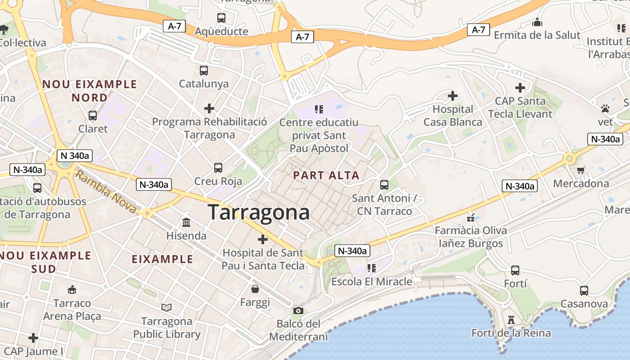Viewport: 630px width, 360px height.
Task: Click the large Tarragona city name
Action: (x=258, y=212)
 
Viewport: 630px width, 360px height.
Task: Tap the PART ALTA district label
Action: (x=326, y=175)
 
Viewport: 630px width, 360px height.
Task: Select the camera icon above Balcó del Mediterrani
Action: (x=298, y=310)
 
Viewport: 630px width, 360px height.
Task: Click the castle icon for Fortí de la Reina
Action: (x=511, y=320)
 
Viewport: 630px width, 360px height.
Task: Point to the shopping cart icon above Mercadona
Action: (x=580, y=170)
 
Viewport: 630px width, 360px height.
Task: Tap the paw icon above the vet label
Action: (x=605, y=108)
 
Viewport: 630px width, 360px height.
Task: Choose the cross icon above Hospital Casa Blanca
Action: (x=453, y=95)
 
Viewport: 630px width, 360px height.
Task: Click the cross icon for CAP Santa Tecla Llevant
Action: (x=520, y=87)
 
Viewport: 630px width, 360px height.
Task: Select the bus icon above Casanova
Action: (x=584, y=290)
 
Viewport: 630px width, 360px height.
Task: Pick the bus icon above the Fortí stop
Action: (x=515, y=270)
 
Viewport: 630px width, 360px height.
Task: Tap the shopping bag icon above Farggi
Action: (x=255, y=288)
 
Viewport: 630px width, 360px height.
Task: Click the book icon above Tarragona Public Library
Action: (x=166, y=307)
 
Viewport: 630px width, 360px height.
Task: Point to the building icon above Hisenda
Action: (x=186, y=222)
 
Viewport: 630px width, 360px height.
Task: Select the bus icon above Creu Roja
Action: (x=218, y=168)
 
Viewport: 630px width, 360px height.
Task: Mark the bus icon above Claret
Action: (x=93, y=116)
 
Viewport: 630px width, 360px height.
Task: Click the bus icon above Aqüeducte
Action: (x=221, y=18)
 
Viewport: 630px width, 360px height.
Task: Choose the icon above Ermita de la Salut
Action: (x=537, y=22)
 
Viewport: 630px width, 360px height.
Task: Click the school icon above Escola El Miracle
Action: (x=371, y=268)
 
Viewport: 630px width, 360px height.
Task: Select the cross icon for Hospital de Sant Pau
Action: (x=262, y=239)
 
